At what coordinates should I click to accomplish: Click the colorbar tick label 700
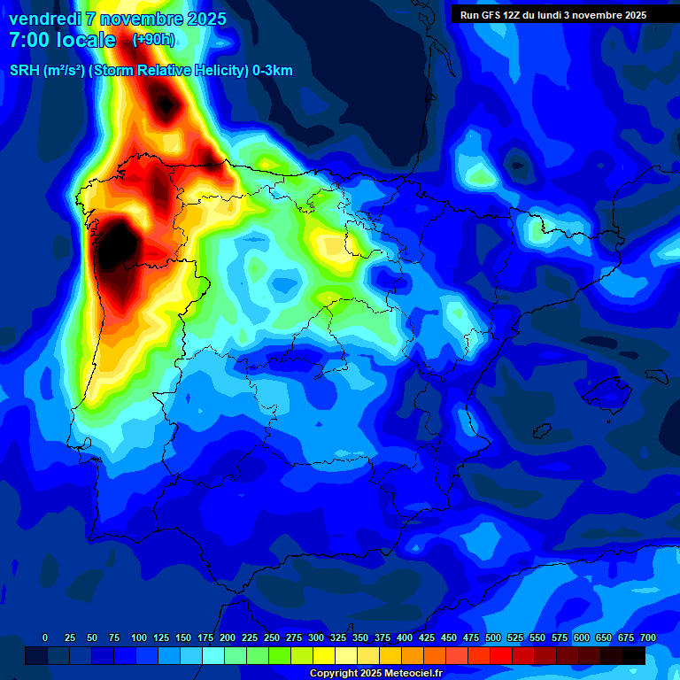tap(648, 637)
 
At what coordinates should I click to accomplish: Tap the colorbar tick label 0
tap(45, 637)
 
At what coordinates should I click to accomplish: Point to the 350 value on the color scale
tap(360, 637)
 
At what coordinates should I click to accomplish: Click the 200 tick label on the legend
tap(228, 637)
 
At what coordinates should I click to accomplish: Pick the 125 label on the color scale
tap(161, 637)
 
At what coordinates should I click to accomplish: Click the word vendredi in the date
tap(44, 19)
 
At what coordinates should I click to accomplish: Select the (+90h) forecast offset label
tap(153, 40)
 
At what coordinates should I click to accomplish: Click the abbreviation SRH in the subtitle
tap(24, 71)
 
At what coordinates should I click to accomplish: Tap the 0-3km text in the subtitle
tap(272, 71)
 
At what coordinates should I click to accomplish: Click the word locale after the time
tap(86, 40)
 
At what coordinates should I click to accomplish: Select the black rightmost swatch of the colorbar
tap(634, 655)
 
